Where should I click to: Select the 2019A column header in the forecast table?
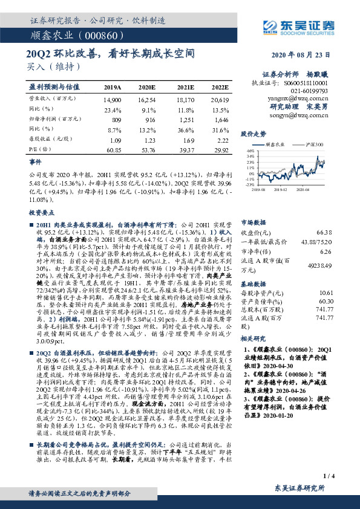(x=112, y=87)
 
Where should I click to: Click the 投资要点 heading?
(x=41, y=213)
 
